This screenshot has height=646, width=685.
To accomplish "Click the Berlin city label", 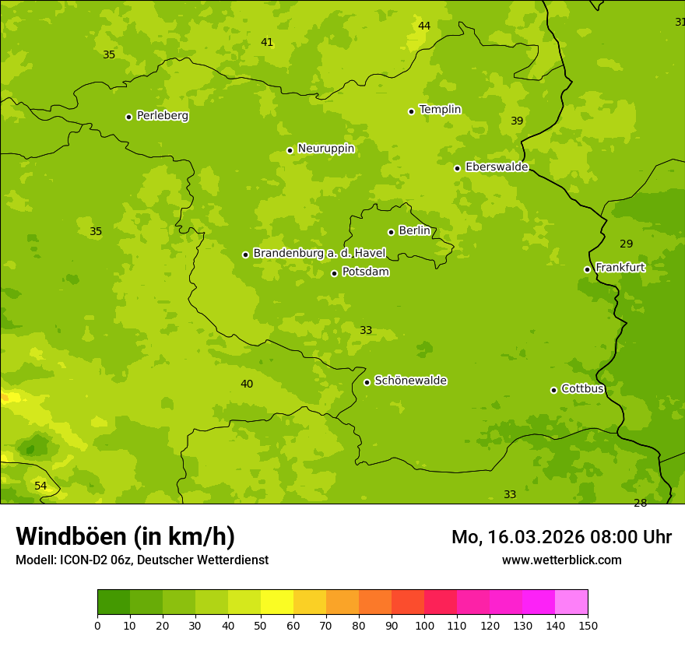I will (x=414, y=231).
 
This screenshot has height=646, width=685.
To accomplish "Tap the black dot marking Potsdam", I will (x=335, y=273).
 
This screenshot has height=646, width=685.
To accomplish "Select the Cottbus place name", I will (x=582, y=388).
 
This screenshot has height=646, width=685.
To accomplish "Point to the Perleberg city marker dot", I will (x=129, y=117).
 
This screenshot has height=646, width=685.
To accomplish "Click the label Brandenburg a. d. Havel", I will (x=319, y=254).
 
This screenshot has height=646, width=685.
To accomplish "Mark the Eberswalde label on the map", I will (x=497, y=167).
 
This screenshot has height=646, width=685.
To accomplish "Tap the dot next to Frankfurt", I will (x=588, y=269).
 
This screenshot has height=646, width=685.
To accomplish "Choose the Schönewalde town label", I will (x=410, y=381).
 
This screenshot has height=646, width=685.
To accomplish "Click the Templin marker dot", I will (x=412, y=111).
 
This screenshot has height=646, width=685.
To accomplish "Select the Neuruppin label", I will (x=325, y=149).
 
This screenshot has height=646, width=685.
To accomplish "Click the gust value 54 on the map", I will (x=40, y=486).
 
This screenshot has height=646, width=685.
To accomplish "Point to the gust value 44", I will (x=424, y=26).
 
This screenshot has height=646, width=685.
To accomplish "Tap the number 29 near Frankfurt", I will (x=626, y=244).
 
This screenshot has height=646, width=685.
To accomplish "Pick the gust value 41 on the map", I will (x=267, y=43).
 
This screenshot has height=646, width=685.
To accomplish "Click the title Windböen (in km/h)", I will (x=125, y=536).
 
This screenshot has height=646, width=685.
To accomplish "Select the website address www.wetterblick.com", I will (x=561, y=560).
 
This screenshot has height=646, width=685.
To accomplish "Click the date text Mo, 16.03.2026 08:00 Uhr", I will (x=561, y=537).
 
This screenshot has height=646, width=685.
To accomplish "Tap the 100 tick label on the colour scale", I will (x=424, y=625).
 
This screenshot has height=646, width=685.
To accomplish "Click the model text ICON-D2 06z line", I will (x=142, y=560).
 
